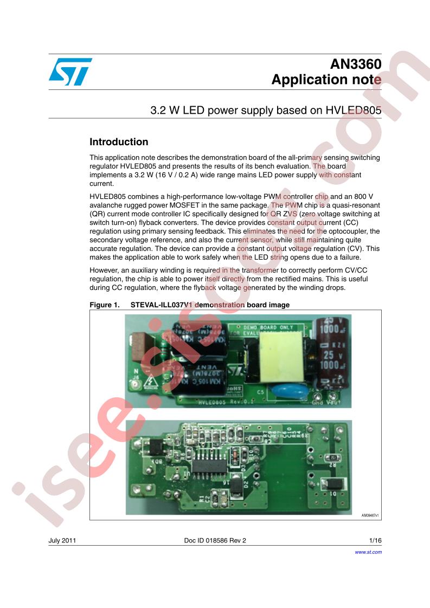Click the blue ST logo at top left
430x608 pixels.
click(70, 72)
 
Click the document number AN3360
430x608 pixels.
click(356, 64)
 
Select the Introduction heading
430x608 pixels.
click(119, 142)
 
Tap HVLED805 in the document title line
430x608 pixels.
click(353, 111)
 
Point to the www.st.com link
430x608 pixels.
click(368, 552)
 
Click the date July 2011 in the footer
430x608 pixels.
click(62, 540)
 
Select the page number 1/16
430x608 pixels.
click(375, 540)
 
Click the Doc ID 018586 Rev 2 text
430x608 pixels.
click(215, 540)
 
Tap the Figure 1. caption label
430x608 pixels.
click(105, 305)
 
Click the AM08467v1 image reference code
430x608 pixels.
click(370, 515)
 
